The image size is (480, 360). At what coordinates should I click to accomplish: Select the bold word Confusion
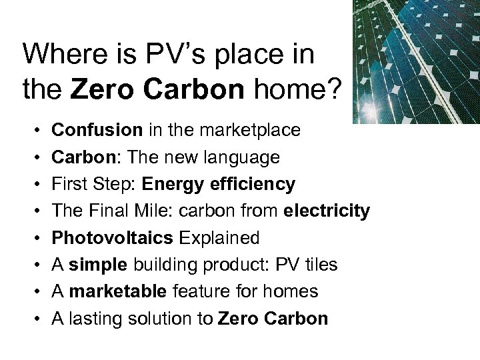point(97,130)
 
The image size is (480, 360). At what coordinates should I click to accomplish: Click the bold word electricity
point(327,211)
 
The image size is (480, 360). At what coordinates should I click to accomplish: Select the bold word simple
point(99,265)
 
